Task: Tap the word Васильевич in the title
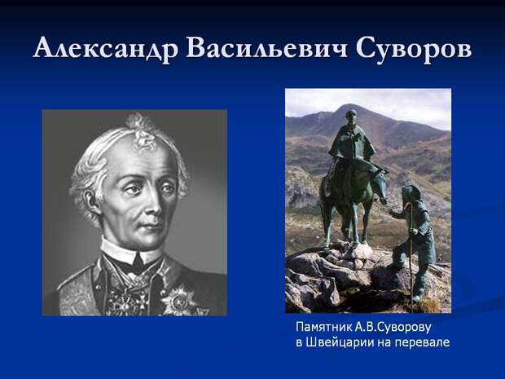[266, 48]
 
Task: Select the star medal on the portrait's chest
[178, 302]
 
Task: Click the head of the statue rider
[351, 116]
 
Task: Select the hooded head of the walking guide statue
[412, 196]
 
